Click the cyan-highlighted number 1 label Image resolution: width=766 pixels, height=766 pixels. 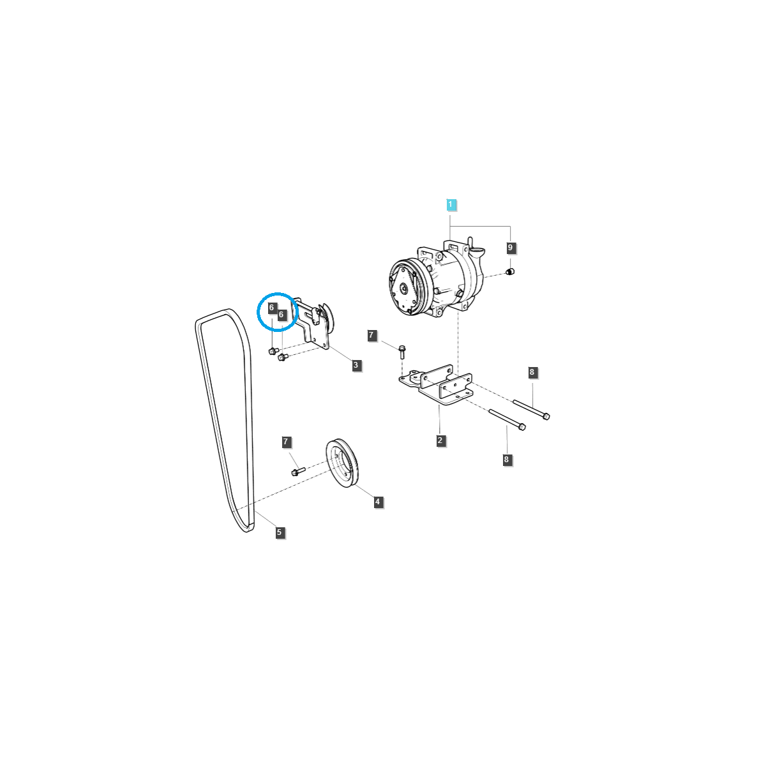[x=451, y=204]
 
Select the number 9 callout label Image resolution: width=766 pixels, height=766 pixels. [x=509, y=248]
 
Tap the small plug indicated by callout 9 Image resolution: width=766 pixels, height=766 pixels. [x=509, y=272]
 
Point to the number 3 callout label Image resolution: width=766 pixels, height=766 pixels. [x=356, y=365]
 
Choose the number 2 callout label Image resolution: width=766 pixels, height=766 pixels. [x=440, y=440]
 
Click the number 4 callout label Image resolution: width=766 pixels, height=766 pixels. [x=377, y=502]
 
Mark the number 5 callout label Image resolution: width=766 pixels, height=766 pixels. [x=279, y=532]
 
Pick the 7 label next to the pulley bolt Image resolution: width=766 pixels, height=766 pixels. [x=287, y=442]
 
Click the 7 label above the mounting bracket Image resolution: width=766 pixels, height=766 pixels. [x=371, y=335]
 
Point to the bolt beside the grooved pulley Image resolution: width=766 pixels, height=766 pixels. [x=297, y=471]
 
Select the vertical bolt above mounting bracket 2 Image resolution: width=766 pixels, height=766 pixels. [x=402, y=351]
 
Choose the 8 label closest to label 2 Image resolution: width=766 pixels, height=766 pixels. [x=507, y=459]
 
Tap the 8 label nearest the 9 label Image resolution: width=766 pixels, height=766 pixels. [x=532, y=372]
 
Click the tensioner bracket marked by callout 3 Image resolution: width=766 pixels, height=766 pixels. [x=316, y=326]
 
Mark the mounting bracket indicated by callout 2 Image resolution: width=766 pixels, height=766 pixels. [x=437, y=386]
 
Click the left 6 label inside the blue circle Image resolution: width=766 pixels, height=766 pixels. [x=272, y=308]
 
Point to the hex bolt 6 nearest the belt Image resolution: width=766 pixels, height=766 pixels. [x=273, y=350]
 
